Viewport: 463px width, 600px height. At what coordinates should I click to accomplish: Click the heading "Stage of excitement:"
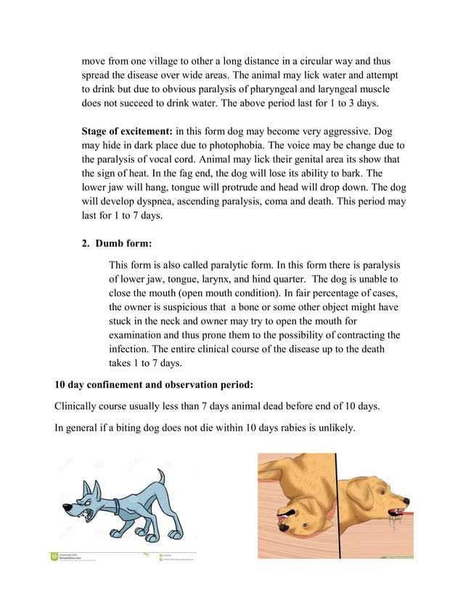click(127, 131)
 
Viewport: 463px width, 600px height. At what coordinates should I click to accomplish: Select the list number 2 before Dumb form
click(85, 244)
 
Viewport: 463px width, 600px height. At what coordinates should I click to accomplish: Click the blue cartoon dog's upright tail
click(160, 479)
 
